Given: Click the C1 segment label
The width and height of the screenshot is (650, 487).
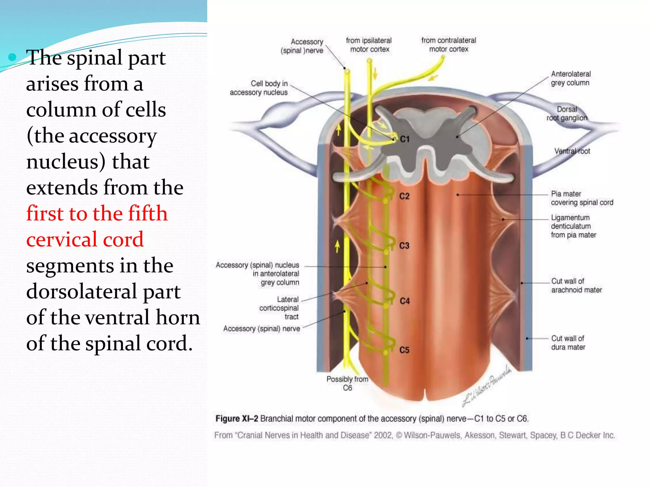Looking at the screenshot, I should click(x=405, y=139).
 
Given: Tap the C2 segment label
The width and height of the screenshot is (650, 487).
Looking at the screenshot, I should click(x=404, y=196).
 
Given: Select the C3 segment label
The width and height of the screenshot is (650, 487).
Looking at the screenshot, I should click(x=404, y=246).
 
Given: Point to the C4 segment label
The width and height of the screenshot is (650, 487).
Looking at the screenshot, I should click(x=405, y=301).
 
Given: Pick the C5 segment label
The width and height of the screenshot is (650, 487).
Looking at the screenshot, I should click(x=404, y=350).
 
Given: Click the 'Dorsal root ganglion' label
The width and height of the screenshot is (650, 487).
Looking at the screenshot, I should click(x=567, y=114).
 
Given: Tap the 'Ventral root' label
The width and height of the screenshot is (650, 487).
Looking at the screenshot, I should click(x=572, y=151).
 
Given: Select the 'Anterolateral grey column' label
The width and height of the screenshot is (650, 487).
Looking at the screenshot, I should click(x=570, y=78).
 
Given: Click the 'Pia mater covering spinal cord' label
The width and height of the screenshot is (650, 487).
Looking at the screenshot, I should click(x=582, y=198).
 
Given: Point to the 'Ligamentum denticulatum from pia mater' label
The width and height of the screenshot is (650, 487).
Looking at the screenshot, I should click(x=573, y=226).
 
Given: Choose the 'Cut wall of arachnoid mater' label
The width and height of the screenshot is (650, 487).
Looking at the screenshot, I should click(x=576, y=285).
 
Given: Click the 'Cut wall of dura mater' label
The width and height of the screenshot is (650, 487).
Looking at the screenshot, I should click(x=568, y=343).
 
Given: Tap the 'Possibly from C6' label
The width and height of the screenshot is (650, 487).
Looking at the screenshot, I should click(x=348, y=383).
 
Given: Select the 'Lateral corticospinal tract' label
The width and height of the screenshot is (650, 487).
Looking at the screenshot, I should click(x=279, y=308).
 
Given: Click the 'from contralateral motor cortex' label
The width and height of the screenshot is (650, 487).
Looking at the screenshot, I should click(x=448, y=45).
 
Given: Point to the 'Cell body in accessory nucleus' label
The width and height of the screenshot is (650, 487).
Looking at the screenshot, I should click(x=259, y=88).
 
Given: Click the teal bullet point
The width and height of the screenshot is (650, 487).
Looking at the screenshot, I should click(x=12, y=57).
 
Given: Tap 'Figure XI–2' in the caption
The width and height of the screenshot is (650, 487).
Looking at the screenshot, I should click(x=236, y=419).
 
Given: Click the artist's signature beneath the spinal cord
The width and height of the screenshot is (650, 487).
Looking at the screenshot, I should click(x=487, y=387).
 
